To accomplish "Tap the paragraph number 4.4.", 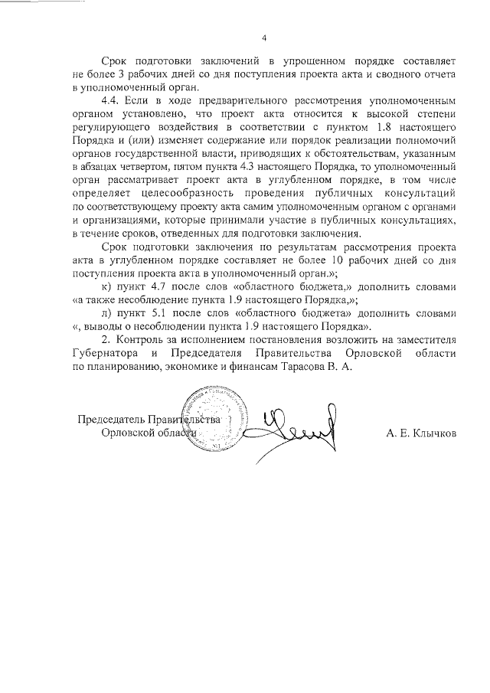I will (x=111, y=101).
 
